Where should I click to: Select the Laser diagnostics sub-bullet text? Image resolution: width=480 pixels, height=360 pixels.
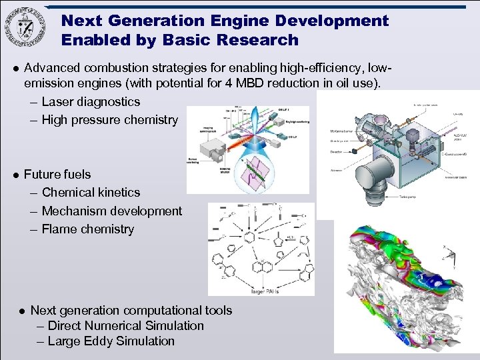[91, 102]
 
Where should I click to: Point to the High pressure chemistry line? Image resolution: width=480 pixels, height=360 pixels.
[109, 120]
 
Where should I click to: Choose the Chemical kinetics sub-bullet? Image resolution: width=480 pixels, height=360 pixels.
[91, 193]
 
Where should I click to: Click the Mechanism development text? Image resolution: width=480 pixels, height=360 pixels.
[111, 211]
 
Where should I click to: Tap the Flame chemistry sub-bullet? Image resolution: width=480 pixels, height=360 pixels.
[87, 229]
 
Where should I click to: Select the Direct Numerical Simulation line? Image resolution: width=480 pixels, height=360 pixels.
[125, 326]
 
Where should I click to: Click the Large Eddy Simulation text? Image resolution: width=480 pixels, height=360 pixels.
[111, 341]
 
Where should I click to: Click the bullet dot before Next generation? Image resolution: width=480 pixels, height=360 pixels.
[22, 311]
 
